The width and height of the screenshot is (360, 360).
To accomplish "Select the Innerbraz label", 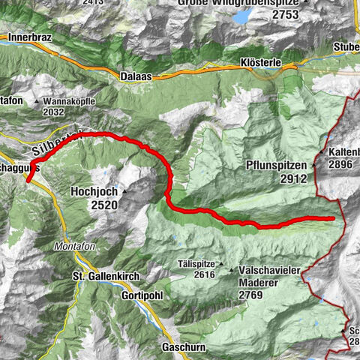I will (28, 36).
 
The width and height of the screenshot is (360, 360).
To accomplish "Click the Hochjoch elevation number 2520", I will (102, 204).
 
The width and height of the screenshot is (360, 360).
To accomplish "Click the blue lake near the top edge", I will (243, 16).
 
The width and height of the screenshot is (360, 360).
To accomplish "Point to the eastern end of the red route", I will (332, 218).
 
